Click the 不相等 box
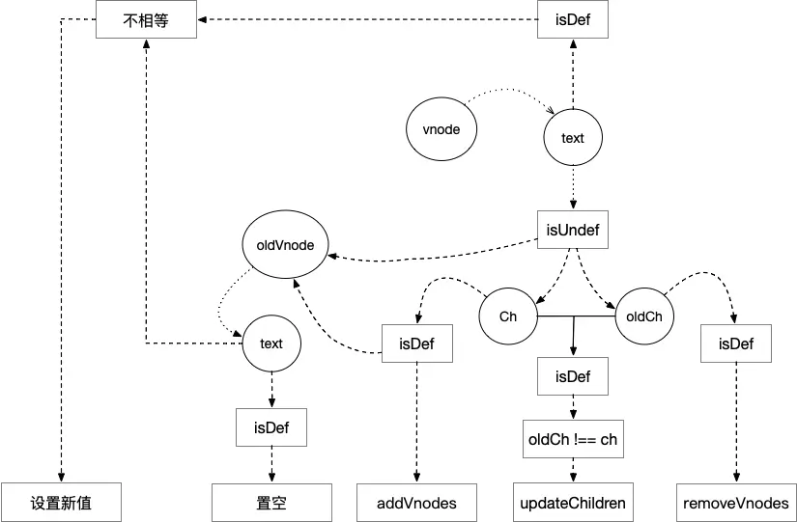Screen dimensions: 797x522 point(147,20)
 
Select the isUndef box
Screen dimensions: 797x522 point(573,230)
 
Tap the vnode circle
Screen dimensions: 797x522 point(441,129)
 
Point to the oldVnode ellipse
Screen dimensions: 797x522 point(285,245)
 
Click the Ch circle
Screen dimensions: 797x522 point(508,316)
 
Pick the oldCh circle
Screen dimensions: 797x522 point(644,316)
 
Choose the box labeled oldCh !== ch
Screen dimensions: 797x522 point(573,439)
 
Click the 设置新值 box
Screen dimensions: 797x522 point(61,503)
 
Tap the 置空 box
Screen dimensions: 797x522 point(271,503)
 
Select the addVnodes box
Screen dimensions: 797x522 point(416,503)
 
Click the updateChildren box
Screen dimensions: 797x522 point(573,503)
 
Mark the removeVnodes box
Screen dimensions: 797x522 point(736,503)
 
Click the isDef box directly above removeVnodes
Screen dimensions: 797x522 point(736,343)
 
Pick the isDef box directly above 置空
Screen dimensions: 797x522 point(271,427)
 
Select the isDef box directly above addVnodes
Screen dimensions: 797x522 point(416,343)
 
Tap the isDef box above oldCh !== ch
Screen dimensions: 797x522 point(573,376)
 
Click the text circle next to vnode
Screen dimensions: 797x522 point(573,138)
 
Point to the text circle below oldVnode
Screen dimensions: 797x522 point(271,343)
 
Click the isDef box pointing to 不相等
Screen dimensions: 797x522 point(573,20)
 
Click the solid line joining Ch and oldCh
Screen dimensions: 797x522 point(577,316)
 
